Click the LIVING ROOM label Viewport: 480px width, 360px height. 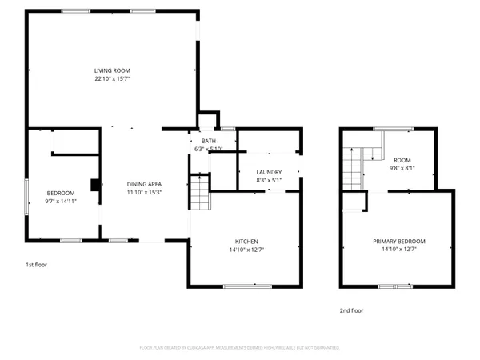(112, 70)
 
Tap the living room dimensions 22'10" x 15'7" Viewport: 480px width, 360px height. (112, 79)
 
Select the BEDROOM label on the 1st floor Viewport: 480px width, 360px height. (61, 193)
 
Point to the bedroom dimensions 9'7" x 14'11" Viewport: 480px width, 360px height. (61, 202)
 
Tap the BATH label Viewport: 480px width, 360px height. (209, 141)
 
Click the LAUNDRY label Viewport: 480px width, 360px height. (269, 172)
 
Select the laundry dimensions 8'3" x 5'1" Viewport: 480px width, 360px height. (269, 181)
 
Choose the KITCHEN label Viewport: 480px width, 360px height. (246, 241)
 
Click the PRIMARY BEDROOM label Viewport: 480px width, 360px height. (398, 241)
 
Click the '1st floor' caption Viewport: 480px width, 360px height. (36, 264)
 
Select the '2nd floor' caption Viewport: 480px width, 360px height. (351, 310)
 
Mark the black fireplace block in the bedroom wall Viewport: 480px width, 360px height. (95, 186)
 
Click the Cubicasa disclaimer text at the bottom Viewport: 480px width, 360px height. (240, 348)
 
